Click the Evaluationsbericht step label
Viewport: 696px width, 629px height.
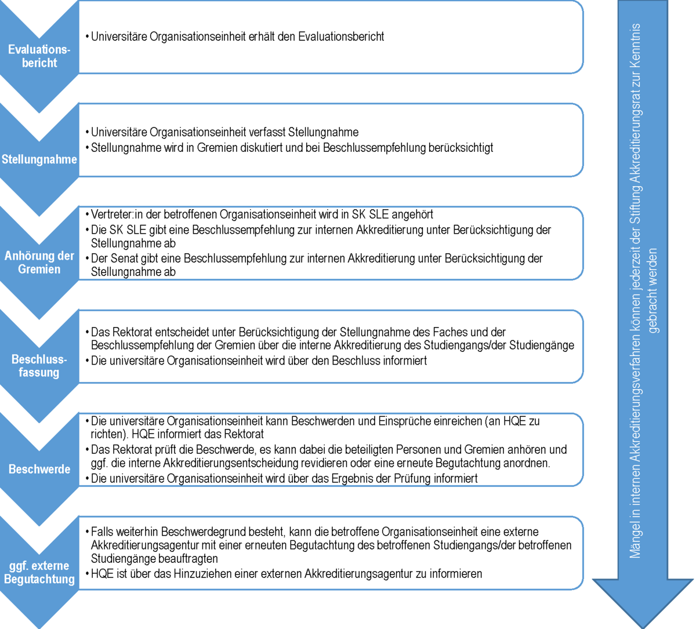click(x=39, y=56)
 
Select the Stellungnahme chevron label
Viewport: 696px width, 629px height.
click(x=39, y=159)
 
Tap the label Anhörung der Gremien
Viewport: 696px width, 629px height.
click(x=39, y=262)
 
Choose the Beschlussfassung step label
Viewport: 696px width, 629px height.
click(x=39, y=366)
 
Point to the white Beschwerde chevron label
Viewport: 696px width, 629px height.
click(x=39, y=469)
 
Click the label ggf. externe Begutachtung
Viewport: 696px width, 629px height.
click(x=39, y=572)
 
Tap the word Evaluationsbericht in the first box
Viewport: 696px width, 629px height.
click(x=341, y=37)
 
